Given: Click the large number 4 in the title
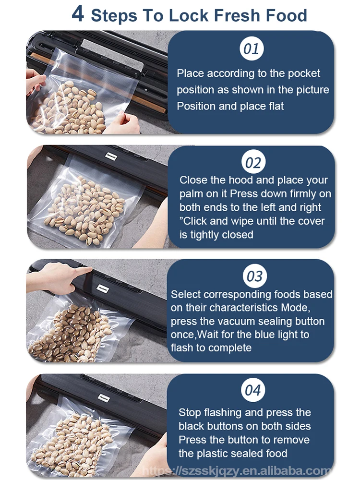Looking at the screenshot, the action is pyautogui.click(x=78, y=14).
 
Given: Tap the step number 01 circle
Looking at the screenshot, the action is pyautogui.click(x=252, y=48).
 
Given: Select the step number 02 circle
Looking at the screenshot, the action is pyautogui.click(x=253, y=162).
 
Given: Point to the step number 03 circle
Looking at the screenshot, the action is pyautogui.click(x=254, y=276).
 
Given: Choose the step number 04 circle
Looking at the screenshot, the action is pyautogui.click(x=252, y=390).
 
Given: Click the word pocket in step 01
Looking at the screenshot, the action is pyautogui.click(x=304, y=73).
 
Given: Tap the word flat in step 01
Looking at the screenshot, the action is pyautogui.click(x=276, y=106).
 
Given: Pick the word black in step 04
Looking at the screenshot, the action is pyautogui.click(x=192, y=426).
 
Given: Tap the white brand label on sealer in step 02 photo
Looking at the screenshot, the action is pyautogui.click(x=111, y=156).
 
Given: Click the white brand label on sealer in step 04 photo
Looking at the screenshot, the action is pyautogui.click(x=104, y=398).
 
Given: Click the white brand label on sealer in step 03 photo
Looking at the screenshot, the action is pyautogui.click(x=103, y=288).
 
